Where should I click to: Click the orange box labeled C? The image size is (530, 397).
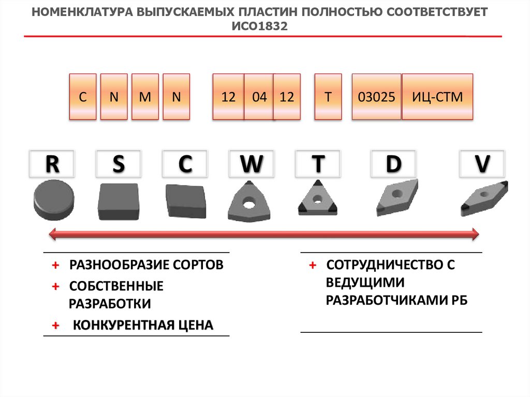[x=83, y=97]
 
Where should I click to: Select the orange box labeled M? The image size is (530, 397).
[x=145, y=97]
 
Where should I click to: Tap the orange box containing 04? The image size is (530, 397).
[x=258, y=97]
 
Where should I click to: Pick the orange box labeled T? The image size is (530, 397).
[x=328, y=97]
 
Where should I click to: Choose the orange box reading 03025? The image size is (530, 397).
[x=377, y=97]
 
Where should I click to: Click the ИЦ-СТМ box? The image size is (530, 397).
[x=437, y=97]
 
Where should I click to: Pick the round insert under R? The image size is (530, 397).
[x=54, y=200]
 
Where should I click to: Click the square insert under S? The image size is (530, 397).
[x=119, y=201]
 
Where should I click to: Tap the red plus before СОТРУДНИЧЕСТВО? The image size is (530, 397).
[x=313, y=266]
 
